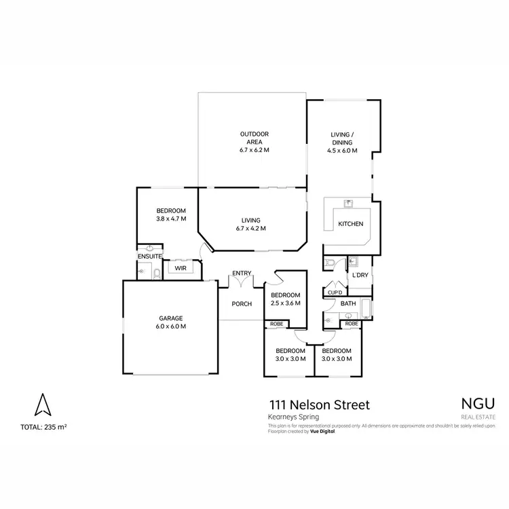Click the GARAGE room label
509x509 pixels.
pos(172,318)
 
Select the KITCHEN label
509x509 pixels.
pos(351,224)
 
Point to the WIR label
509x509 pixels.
pos(181,269)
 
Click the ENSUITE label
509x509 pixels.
pos(149,257)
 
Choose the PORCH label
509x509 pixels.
pos(242,303)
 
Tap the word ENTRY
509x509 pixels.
pos(242,274)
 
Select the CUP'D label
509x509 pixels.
pos(335,293)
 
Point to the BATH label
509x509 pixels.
pos(348,303)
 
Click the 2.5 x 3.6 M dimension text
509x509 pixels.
pos(286,303)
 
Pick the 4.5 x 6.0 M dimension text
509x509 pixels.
pos(342,151)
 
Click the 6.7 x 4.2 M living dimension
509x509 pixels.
pos(250,229)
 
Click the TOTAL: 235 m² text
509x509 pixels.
pos(43,427)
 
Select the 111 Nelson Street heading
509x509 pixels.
pos(319,405)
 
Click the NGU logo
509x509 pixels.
pos(478,402)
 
